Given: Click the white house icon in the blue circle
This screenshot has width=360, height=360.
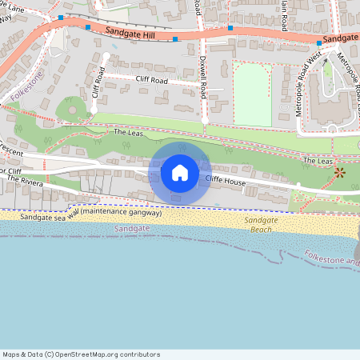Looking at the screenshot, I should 180,173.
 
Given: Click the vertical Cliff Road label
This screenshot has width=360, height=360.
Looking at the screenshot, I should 99,82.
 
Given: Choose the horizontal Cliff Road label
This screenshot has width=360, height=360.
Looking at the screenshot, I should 150,80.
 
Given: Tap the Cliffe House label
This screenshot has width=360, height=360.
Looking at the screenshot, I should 226,182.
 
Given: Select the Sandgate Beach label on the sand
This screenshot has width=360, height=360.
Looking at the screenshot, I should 260,224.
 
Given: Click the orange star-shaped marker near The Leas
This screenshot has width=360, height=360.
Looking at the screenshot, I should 339,172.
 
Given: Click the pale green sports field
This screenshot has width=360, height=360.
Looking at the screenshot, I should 254,94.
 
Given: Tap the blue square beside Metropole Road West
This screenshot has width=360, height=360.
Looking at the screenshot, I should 318,42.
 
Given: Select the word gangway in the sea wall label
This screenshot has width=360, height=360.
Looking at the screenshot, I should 143,213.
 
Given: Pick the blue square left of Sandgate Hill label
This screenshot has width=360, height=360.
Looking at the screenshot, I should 88,27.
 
